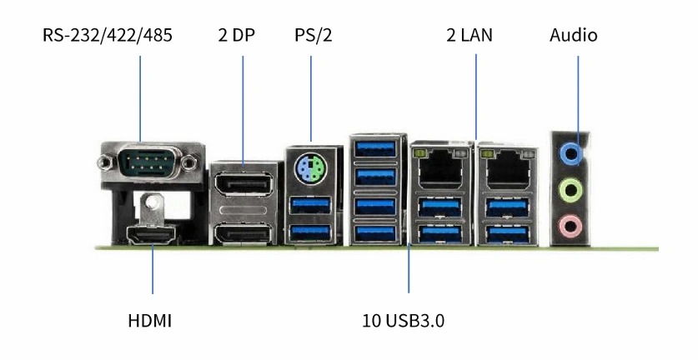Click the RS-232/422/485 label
click(x=108, y=35)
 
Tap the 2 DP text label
click(x=236, y=35)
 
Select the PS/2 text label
click(x=314, y=35)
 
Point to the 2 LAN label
click(x=470, y=35)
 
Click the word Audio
click(x=574, y=35)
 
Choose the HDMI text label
click(x=149, y=320)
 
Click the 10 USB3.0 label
click(x=403, y=320)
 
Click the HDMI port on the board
click(x=152, y=234)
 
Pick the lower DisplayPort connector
click(x=244, y=234)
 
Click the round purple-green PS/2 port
click(x=312, y=168)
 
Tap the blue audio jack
click(x=570, y=154)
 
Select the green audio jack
click(x=570, y=191)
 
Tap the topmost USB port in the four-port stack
click(x=376, y=148)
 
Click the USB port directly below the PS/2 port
click(x=311, y=205)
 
